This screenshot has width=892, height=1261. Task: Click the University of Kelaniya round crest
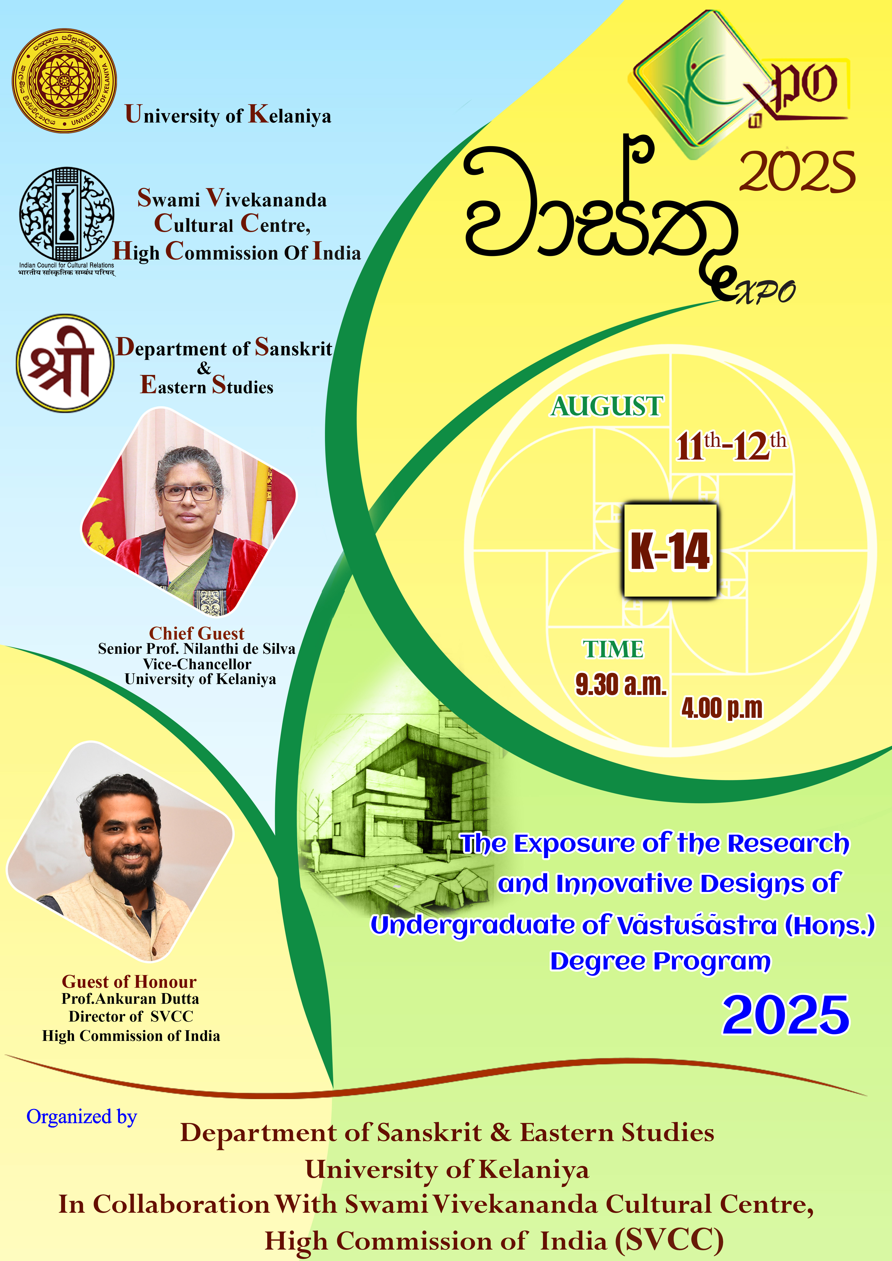[64, 81]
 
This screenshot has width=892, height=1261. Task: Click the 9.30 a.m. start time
[621, 685]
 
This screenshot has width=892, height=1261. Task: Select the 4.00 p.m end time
[722, 708]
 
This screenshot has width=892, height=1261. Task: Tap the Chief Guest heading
[197, 633]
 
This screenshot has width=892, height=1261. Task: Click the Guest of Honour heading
[129, 981]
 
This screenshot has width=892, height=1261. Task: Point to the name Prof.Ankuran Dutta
[130, 998]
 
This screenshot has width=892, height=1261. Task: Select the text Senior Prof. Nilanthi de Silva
[197, 649]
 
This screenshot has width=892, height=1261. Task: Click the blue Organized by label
[81, 1117]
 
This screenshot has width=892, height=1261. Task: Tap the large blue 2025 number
[785, 1015]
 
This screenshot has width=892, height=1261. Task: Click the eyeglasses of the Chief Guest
[188, 493]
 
